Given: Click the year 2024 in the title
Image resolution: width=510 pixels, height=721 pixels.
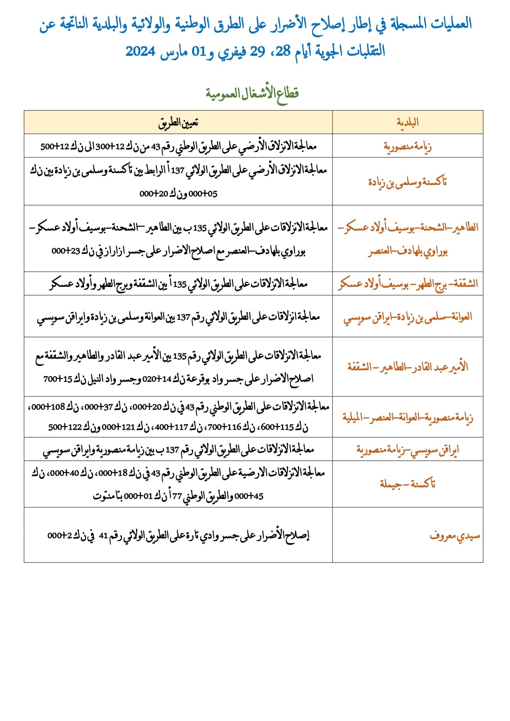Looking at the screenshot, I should click(x=140, y=51).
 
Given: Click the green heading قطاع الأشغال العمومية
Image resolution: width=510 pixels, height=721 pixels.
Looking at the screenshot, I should click(x=252, y=93).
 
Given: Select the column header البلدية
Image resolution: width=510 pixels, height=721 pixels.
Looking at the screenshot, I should click(x=407, y=122).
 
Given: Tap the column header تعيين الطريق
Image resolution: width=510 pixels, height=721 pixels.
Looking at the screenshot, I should click(x=178, y=122).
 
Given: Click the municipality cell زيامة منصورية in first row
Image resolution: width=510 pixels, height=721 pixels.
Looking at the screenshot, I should click(x=407, y=146).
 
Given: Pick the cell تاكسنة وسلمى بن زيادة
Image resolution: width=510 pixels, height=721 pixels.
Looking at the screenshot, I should click(x=407, y=182).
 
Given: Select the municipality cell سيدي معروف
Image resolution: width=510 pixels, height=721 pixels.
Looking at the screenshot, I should click(x=455, y=536).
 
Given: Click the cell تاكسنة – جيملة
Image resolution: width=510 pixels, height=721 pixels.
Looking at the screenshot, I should click(x=407, y=484).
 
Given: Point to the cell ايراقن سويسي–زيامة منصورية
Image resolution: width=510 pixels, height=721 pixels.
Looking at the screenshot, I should click(x=407, y=450).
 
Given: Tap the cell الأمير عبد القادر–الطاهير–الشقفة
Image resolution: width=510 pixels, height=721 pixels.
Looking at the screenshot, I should click(x=407, y=366).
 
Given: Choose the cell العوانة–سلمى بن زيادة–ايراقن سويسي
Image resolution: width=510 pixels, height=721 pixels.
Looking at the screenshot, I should click(x=407, y=317).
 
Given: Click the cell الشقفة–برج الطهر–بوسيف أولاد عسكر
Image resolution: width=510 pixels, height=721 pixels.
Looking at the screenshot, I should click(x=407, y=284).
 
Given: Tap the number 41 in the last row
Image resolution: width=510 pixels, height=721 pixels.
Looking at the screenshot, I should click(x=103, y=536).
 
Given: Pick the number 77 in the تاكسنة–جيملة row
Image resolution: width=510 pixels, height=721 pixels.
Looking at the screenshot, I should click(x=177, y=496).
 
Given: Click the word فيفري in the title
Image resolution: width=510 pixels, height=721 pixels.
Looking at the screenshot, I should click(x=232, y=51).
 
